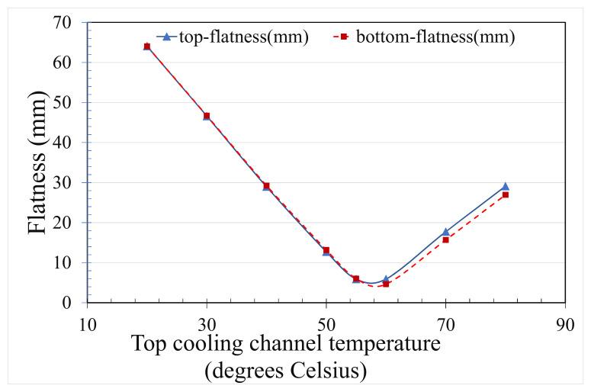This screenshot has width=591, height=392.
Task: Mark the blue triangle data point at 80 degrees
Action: (x=505, y=186)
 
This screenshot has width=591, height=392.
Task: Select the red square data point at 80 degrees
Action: (x=505, y=195)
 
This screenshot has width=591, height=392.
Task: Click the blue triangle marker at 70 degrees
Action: (x=445, y=232)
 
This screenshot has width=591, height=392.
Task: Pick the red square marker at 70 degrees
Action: (x=445, y=240)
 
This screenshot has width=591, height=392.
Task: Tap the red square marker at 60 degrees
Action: (x=386, y=284)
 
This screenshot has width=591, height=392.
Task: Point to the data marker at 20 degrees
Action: (x=147, y=47)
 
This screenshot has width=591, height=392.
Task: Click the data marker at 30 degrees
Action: (x=207, y=116)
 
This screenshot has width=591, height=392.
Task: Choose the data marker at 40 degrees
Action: (x=266, y=186)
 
